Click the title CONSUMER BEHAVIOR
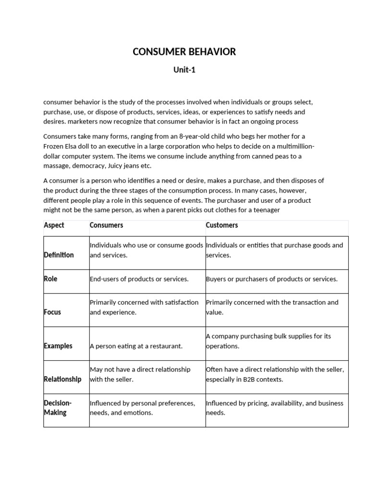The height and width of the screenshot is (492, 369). pos(184,52)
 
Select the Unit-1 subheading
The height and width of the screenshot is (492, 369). pos(184,70)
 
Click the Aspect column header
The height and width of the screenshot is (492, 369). pos(54,225)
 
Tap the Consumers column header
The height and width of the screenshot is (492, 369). pos(106,225)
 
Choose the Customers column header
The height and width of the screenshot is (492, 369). pos(222,225)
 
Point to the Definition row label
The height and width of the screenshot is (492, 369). pos(59,255)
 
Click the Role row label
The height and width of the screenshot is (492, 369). pos(50,279)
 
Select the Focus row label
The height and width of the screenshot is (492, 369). pos(52,312)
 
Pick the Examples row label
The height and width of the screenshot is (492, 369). pos(58,346)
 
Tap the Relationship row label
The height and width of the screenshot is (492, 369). pos(62,379)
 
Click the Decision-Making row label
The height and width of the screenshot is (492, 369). pos(57,408)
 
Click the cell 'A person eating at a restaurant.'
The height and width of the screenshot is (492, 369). pos(136,346)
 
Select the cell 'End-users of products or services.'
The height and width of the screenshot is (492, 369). pos(139,279)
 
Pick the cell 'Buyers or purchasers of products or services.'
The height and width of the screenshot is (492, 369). pos(271,279)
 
